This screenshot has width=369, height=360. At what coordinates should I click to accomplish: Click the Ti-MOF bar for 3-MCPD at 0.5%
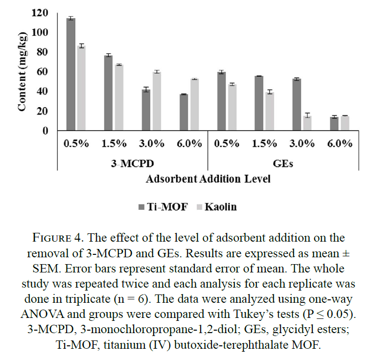pyautogui.click(x=71, y=74)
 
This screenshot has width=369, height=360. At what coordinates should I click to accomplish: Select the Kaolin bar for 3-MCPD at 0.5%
pyautogui.click(x=81, y=88)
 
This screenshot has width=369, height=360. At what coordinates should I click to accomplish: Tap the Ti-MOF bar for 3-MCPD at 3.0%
pyautogui.click(x=146, y=110)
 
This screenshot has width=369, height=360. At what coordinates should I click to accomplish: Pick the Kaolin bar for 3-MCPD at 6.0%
pyautogui.click(x=195, y=105)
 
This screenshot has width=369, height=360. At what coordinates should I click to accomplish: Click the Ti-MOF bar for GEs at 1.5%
pyautogui.click(x=259, y=103)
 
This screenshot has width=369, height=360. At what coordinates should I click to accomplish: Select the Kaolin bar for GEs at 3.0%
pyautogui.click(x=307, y=123)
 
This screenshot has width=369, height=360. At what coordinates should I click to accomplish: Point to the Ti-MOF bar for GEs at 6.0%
pyautogui.click(x=334, y=124)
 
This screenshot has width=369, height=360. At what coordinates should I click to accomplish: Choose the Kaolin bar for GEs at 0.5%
pyautogui.click(x=232, y=108)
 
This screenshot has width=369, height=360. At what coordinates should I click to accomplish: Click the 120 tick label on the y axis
pyautogui.click(x=40, y=13)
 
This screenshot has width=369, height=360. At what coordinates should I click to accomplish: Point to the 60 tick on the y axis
pyautogui.click(x=43, y=72)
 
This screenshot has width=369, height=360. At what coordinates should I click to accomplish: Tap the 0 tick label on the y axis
pyautogui.click(x=45, y=131)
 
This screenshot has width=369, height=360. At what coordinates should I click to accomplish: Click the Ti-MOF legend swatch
pyautogui.click(x=141, y=207)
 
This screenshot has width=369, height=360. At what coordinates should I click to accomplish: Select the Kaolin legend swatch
pyautogui.click(x=199, y=207)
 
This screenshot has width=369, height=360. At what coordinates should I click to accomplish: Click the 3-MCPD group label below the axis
pyautogui.click(x=133, y=163)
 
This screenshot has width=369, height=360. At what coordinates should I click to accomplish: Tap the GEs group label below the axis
pyautogui.click(x=283, y=163)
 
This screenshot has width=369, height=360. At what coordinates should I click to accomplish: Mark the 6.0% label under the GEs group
pyautogui.click(x=340, y=143)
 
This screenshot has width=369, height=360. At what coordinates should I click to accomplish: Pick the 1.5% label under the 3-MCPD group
pyautogui.click(x=114, y=143)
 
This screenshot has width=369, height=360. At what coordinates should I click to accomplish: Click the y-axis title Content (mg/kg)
pyautogui.click(x=23, y=71)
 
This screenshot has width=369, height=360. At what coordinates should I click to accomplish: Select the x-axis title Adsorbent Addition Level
pyautogui.click(x=208, y=179)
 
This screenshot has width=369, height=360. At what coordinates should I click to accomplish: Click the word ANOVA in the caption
pyautogui.click(x=43, y=314)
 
